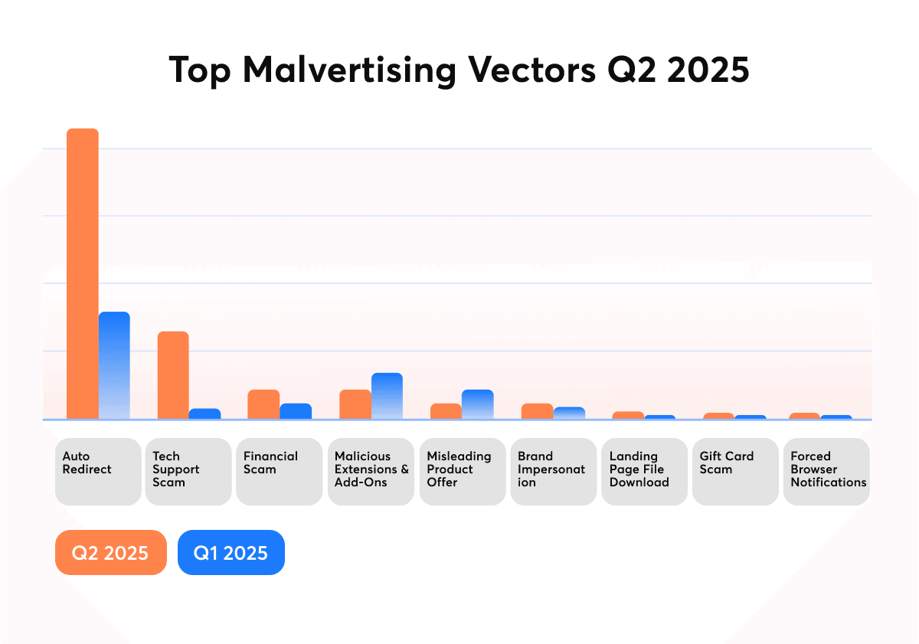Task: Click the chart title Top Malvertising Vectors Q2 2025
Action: pos(459,70)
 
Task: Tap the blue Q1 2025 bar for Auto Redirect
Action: pos(114,365)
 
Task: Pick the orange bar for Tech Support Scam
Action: pos(173,375)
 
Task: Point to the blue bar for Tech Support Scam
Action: pos(204,414)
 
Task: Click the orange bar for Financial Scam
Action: pos(263,404)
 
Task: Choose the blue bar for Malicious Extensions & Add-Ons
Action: pos(387,396)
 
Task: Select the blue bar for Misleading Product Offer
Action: pos(478,404)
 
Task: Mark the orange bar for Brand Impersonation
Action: pos(537,411)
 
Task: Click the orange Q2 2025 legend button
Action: pos(111,552)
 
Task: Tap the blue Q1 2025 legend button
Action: pos(231,552)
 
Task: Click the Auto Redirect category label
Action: pos(98,471)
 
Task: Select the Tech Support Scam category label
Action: pos(188,471)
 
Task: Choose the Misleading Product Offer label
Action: pos(462,471)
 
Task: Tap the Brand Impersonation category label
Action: pos(553,471)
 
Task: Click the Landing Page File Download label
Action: pos(644,471)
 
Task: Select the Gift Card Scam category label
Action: pos(735,471)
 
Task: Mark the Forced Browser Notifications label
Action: pos(826,471)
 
